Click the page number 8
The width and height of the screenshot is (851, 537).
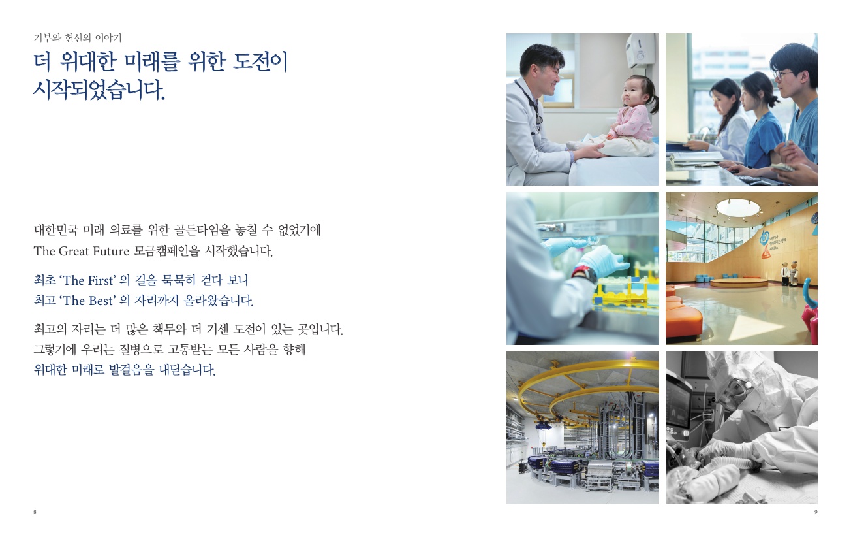click(x=35, y=512)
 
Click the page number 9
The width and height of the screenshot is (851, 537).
click(x=816, y=512)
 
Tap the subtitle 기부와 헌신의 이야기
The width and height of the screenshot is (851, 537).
click(x=78, y=38)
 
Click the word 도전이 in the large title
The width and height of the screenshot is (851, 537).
click(x=260, y=61)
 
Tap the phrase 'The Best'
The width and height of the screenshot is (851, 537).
click(x=87, y=301)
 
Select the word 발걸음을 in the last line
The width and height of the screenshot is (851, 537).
click(x=131, y=369)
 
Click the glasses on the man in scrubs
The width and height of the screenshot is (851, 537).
click(x=783, y=75)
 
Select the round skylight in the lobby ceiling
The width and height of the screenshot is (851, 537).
click(x=738, y=207)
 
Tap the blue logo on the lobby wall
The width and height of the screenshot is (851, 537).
click(x=764, y=237)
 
